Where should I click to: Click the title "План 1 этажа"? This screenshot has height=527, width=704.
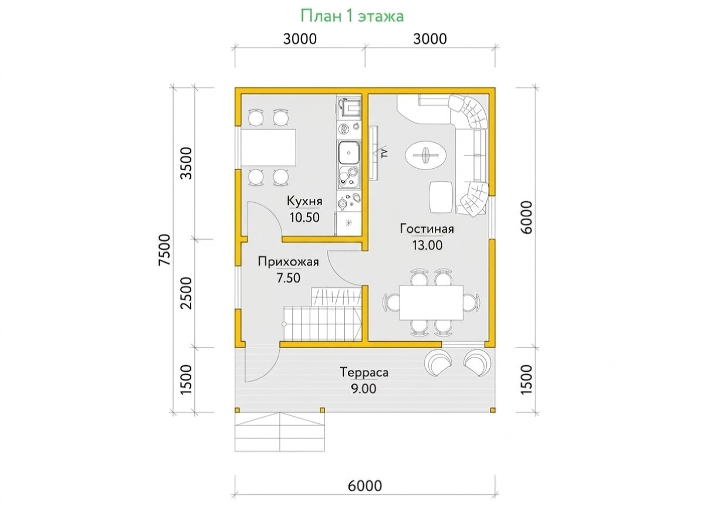pyautogui.click(x=351, y=16)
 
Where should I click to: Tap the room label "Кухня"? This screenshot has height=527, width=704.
pyautogui.click(x=304, y=202)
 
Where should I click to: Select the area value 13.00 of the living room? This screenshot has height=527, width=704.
pyautogui.click(x=427, y=245)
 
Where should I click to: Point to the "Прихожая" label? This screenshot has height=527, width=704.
pyautogui.click(x=288, y=262)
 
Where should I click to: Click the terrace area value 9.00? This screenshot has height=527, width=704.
pyautogui.click(x=363, y=389)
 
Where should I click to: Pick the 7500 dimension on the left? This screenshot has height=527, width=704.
pyautogui.click(x=165, y=250)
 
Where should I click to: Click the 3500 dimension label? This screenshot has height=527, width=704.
pyautogui.click(x=187, y=163)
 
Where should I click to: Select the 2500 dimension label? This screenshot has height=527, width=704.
pyautogui.click(x=187, y=293)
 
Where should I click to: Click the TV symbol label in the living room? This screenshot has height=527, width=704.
pyautogui.click(x=384, y=153)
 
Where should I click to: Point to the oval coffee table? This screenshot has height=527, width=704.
pyautogui.click(x=426, y=156)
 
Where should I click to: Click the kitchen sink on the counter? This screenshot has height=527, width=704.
pyautogui.click(x=348, y=153)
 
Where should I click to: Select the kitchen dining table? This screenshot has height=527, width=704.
pyautogui.click(x=268, y=147)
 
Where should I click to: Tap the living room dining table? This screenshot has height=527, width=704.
pyautogui.click(x=431, y=302)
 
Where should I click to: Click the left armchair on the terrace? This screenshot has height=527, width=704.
pyautogui.click(x=438, y=363)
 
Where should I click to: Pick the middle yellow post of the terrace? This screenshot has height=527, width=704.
pyautogui.click(x=321, y=409)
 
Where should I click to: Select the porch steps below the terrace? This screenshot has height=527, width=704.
pyautogui.click(x=279, y=431)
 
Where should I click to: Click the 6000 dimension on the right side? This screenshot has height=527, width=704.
pyautogui.click(x=526, y=217)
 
